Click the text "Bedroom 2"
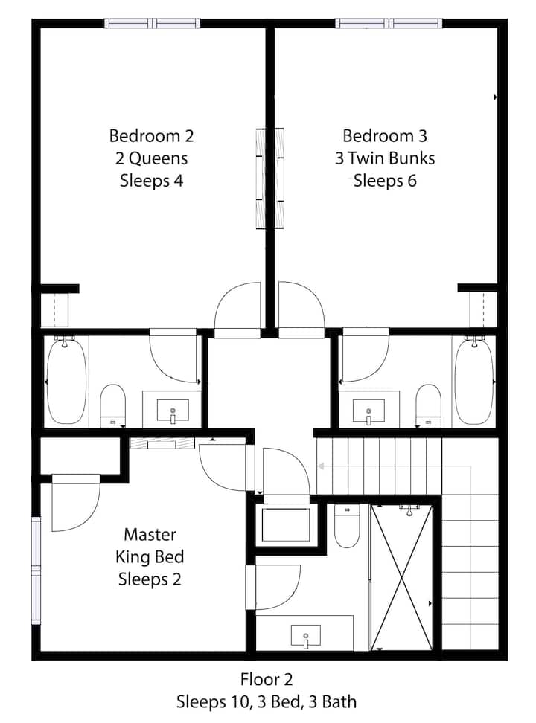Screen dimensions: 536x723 151,136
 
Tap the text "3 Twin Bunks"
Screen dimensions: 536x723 385,158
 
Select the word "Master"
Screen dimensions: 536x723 150,534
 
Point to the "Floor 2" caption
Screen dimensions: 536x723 267,679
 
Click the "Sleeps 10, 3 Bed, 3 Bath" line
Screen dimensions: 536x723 267,701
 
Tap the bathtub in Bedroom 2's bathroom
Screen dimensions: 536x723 66,382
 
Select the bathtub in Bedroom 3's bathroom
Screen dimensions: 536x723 474,382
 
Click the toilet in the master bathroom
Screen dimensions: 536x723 347,526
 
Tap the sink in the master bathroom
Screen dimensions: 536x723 306,636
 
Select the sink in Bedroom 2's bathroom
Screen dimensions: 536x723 173,411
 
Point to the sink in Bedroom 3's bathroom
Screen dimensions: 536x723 368,411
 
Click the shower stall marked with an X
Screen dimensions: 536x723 403,578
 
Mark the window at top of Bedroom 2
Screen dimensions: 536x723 152,23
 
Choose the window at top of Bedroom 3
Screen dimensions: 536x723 389,23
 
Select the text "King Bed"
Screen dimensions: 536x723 150,557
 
